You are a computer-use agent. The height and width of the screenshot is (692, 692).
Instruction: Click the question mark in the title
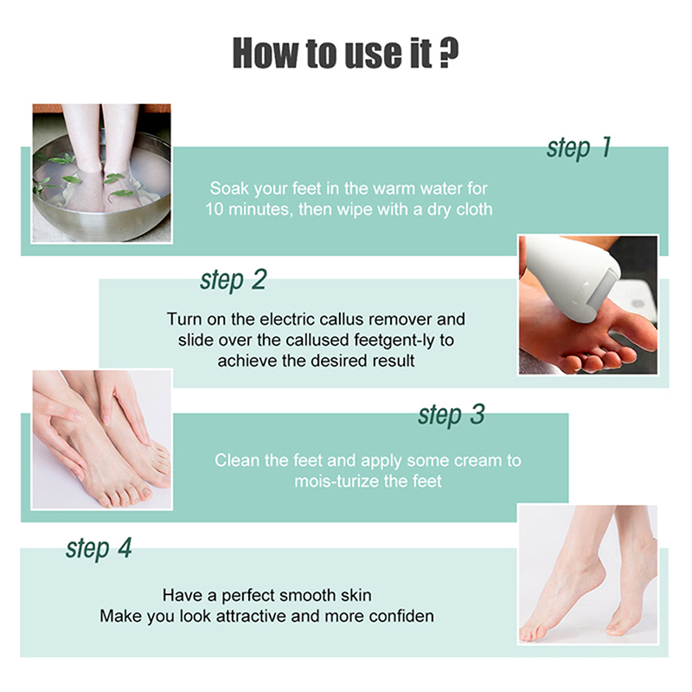(x=449, y=53)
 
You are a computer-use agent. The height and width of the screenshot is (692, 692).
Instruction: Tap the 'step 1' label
(x=579, y=148)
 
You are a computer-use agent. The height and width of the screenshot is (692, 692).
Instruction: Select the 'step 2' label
(x=233, y=280)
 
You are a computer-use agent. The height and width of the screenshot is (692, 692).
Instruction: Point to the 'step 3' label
(x=451, y=415)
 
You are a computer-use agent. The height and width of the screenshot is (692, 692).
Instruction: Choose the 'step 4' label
(x=99, y=548)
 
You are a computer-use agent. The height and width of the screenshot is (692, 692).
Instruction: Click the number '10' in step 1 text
(x=215, y=209)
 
